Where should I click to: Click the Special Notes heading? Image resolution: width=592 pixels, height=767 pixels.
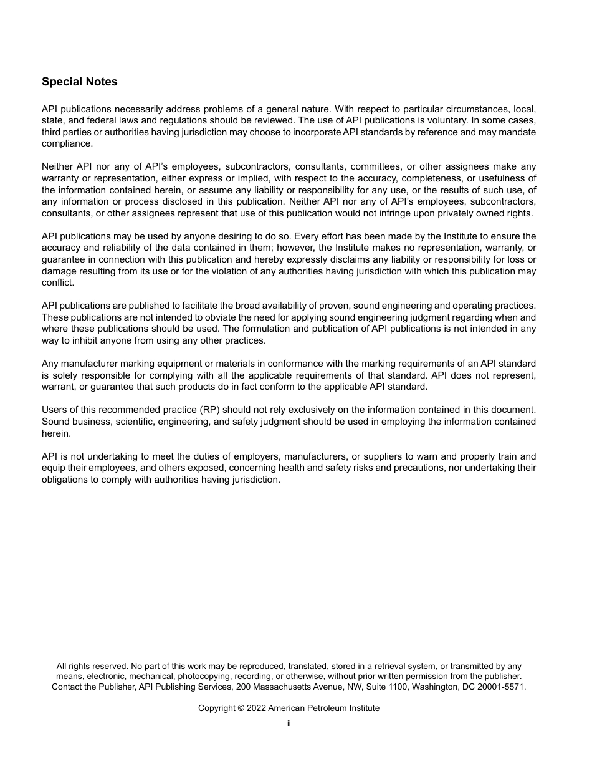[x=79, y=82]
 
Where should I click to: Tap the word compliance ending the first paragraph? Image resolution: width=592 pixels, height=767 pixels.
[x=67, y=143]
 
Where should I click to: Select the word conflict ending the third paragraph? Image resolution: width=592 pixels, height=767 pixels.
[x=57, y=282]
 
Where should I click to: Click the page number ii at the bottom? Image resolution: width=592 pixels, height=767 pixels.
[x=289, y=723]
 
